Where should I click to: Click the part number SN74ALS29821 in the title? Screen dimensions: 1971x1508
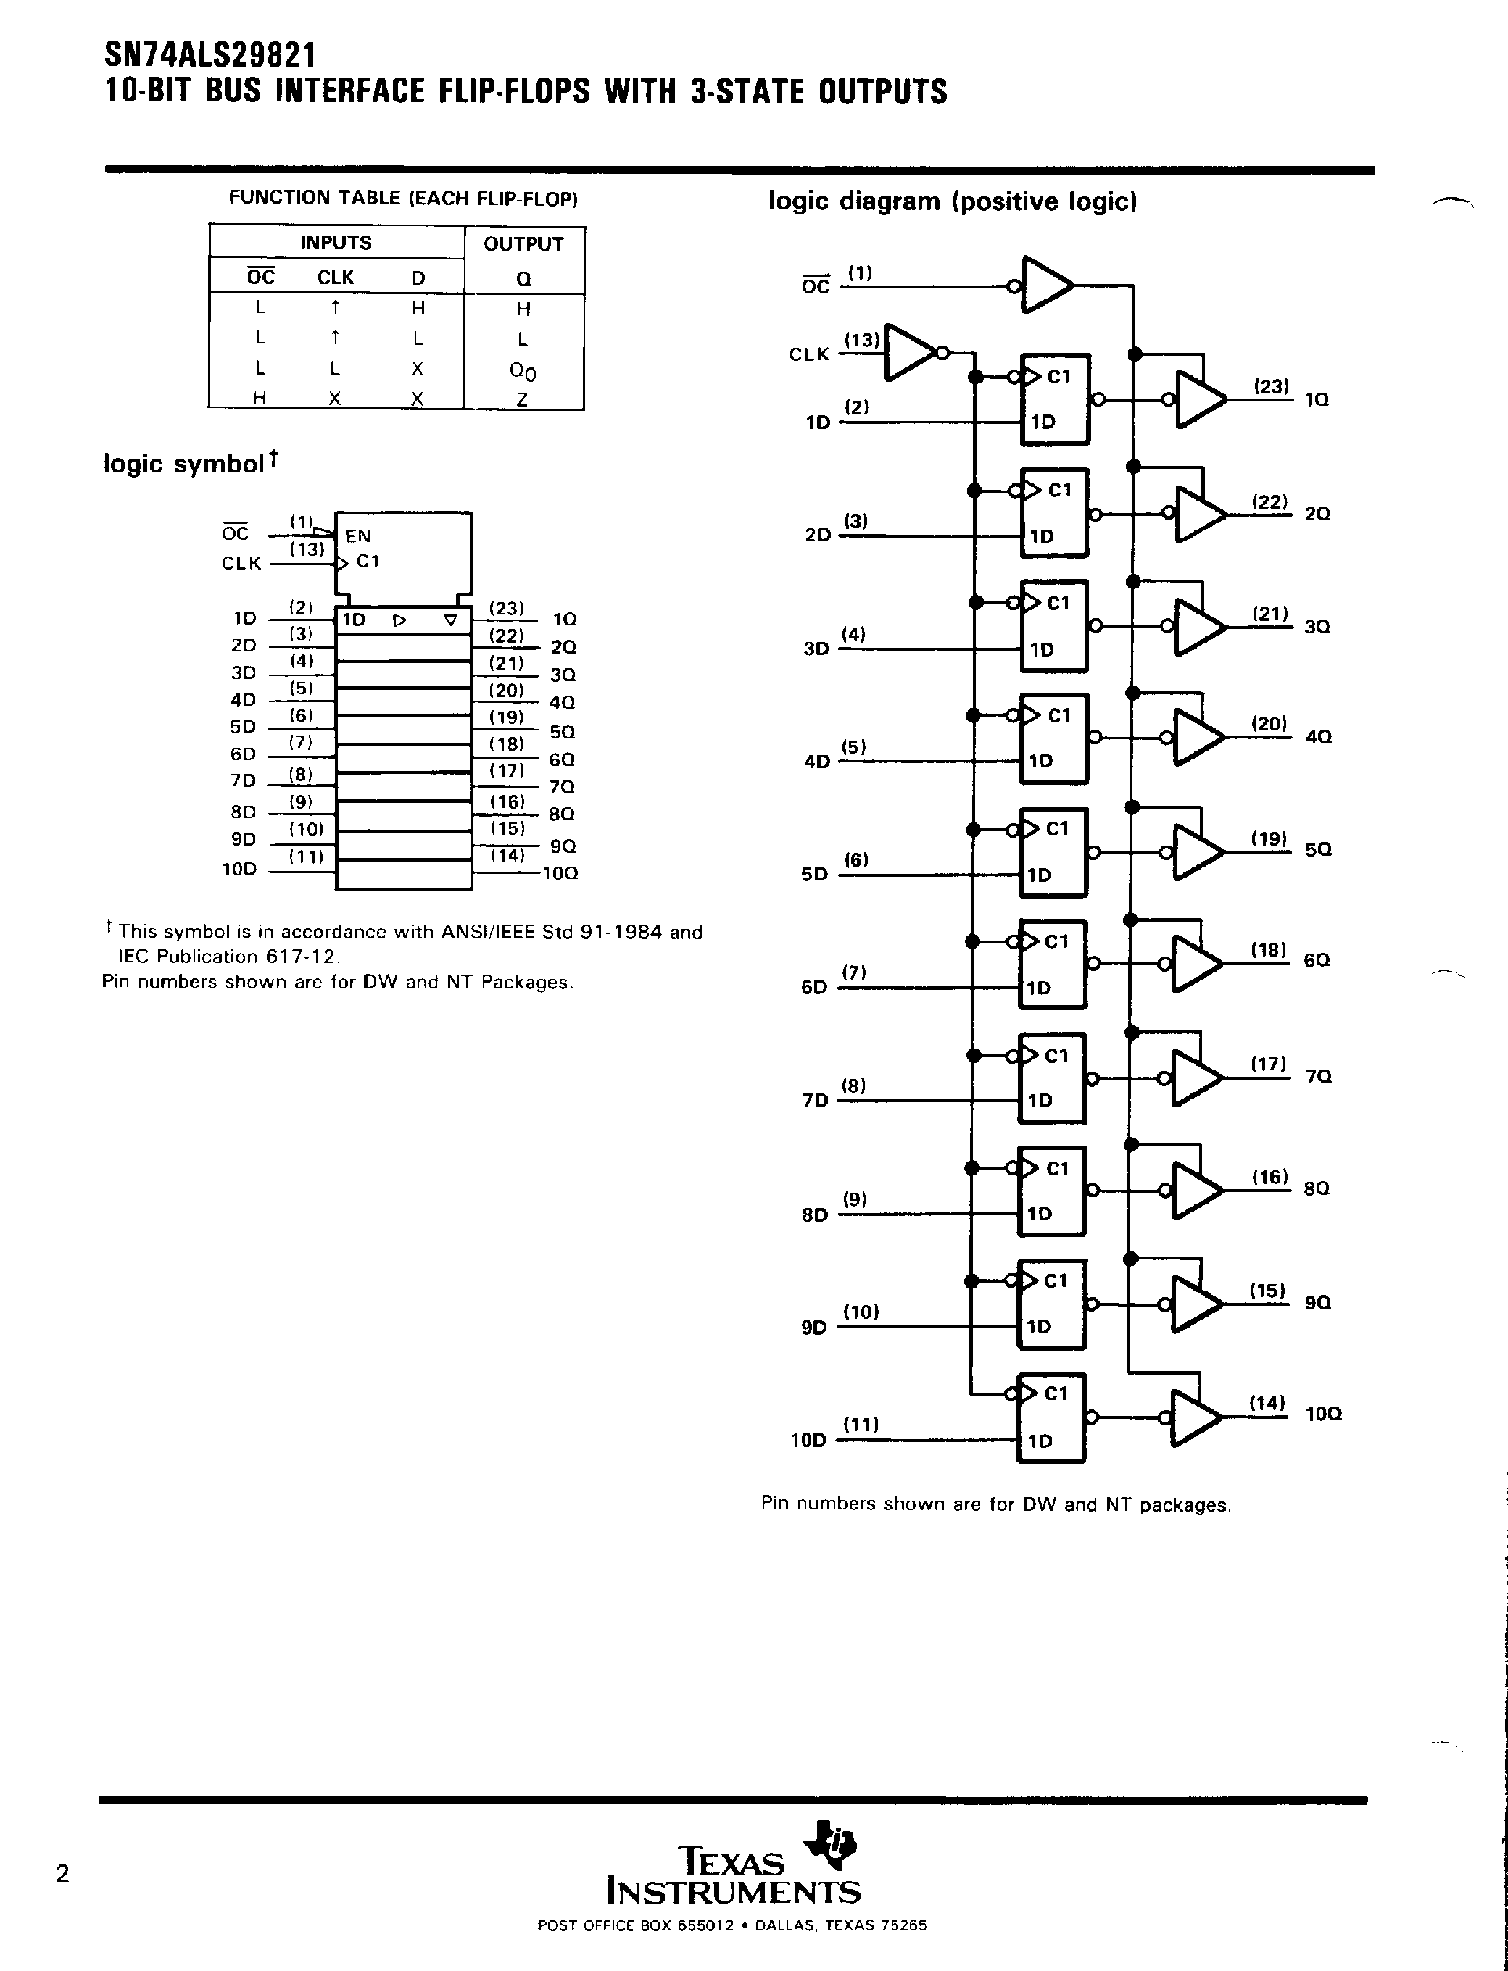(x=210, y=56)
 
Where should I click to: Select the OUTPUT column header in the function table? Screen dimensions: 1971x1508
(x=523, y=243)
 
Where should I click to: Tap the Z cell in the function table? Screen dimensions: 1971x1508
(x=523, y=399)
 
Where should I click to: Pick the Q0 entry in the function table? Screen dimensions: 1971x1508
(x=523, y=370)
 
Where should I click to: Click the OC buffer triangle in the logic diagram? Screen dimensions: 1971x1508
(x=1045, y=286)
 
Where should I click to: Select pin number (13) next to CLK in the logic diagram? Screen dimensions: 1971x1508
(x=862, y=340)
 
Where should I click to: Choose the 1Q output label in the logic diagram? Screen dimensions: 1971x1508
(x=1317, y=399)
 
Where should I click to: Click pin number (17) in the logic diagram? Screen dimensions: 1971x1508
(x=1268, y=1064)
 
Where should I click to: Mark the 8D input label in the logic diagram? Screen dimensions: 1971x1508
(x=814, y=1214)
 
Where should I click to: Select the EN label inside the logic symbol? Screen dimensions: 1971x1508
(x=357, y=536)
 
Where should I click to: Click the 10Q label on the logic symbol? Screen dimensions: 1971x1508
(x=560, y=873)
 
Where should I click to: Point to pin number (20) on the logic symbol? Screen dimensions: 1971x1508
(x=506, y=690)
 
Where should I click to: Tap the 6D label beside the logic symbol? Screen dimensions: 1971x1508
(x=244, y=754)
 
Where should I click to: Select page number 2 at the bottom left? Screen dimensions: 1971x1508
(x=62, y=1873)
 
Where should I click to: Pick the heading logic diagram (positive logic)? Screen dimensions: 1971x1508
(x=953, y=201)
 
